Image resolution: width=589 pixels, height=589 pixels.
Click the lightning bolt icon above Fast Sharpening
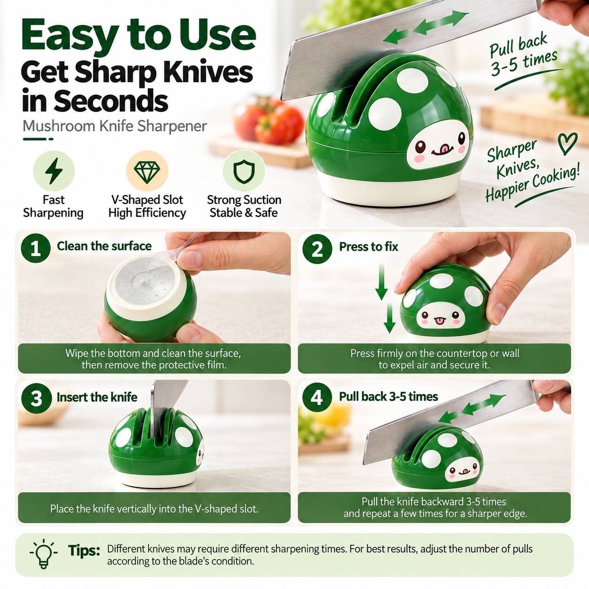pyautogui.click(x=54, y=171)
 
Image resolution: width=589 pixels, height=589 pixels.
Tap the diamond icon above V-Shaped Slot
pyautogui.click(x=147, y=171)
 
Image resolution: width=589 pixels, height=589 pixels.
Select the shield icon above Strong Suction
pyautogui.click(x=244, y=171)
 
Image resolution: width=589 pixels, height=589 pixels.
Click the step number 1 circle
pyautogui.click(x=36, y=248)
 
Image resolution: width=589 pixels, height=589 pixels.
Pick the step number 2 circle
pyautogui.click(x=317, y=249)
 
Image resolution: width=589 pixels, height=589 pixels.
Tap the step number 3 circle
pyautogui.click(x=36, y=398)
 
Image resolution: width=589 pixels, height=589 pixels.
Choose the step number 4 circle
pyautogui.click(x=317, y=397)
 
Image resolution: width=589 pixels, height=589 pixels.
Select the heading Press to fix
pyautogui.click(x=369, y=247)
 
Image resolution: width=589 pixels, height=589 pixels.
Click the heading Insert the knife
pyautogui.click(x=97, y=397)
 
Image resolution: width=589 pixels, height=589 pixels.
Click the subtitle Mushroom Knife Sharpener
pyautogui.click(x=115, y=126)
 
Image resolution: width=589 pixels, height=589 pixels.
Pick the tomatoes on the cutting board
pyautogui.click(x=269, y=121)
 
